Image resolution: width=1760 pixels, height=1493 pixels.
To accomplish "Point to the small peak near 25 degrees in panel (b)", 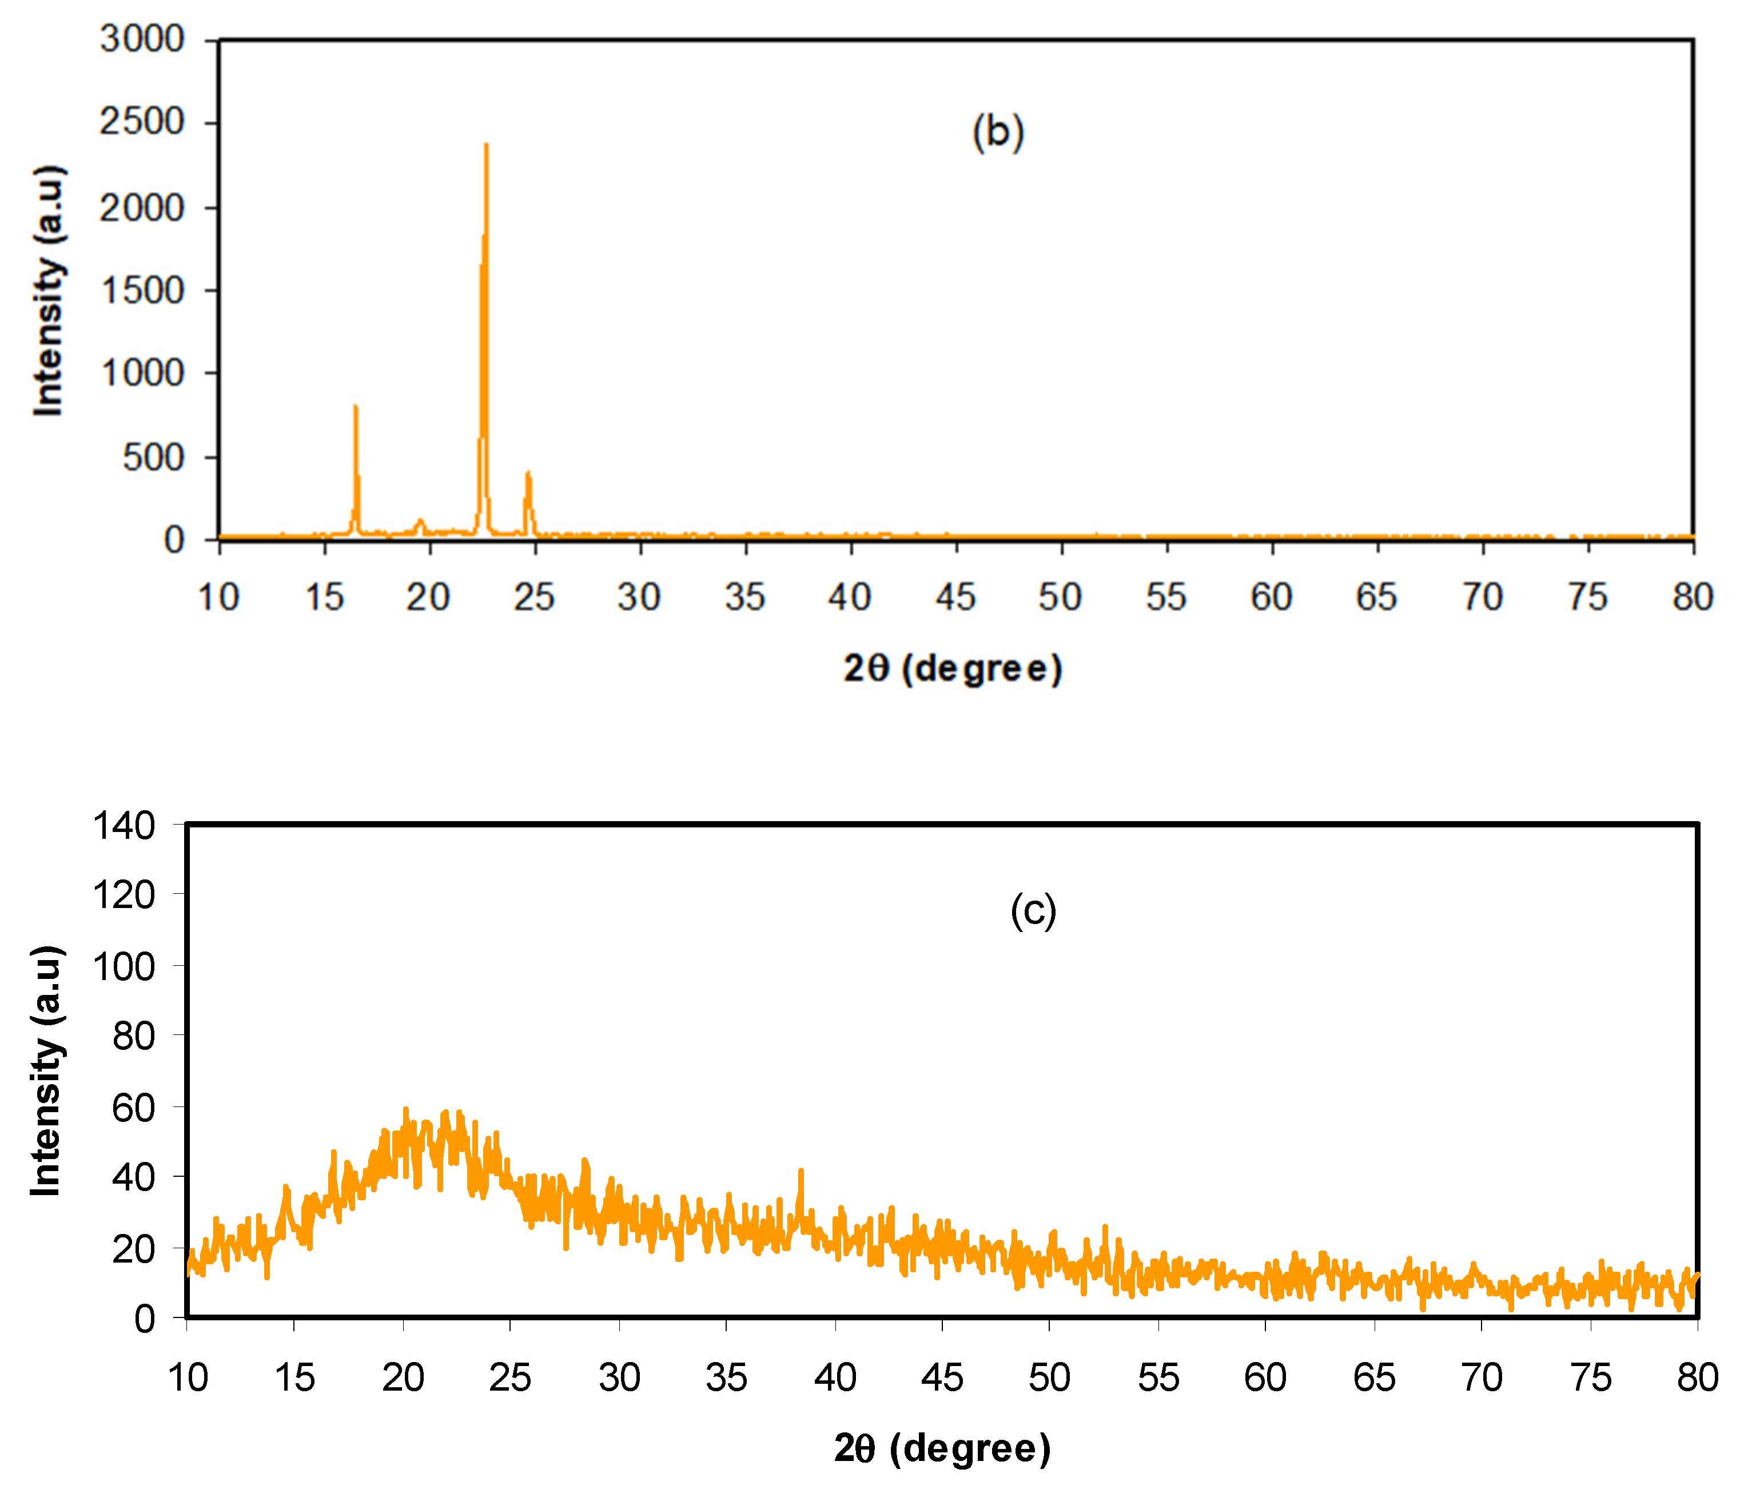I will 528,475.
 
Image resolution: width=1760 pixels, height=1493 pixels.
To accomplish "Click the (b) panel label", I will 998,133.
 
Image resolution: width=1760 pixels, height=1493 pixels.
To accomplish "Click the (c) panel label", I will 1033,911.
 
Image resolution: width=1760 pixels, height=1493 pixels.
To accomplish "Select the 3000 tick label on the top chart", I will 141,39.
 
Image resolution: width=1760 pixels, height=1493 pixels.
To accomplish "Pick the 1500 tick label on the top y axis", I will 141,290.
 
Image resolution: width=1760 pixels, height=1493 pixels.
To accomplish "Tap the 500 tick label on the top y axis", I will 152,458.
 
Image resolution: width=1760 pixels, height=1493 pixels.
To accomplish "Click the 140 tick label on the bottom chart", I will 124,825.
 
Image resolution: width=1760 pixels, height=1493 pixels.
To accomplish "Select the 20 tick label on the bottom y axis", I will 134,1248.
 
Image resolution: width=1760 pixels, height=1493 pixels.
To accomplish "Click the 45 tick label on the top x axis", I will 955,598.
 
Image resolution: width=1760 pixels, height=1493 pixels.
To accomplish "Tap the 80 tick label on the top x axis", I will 1693,598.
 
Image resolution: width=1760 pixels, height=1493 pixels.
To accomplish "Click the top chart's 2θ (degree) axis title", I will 952,668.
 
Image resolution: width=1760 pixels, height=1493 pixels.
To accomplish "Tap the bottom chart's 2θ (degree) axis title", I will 942,1448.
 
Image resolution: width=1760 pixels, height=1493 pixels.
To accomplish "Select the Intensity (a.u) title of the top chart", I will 48,290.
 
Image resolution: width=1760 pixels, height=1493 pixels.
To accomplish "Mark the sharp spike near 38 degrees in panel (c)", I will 801,1172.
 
